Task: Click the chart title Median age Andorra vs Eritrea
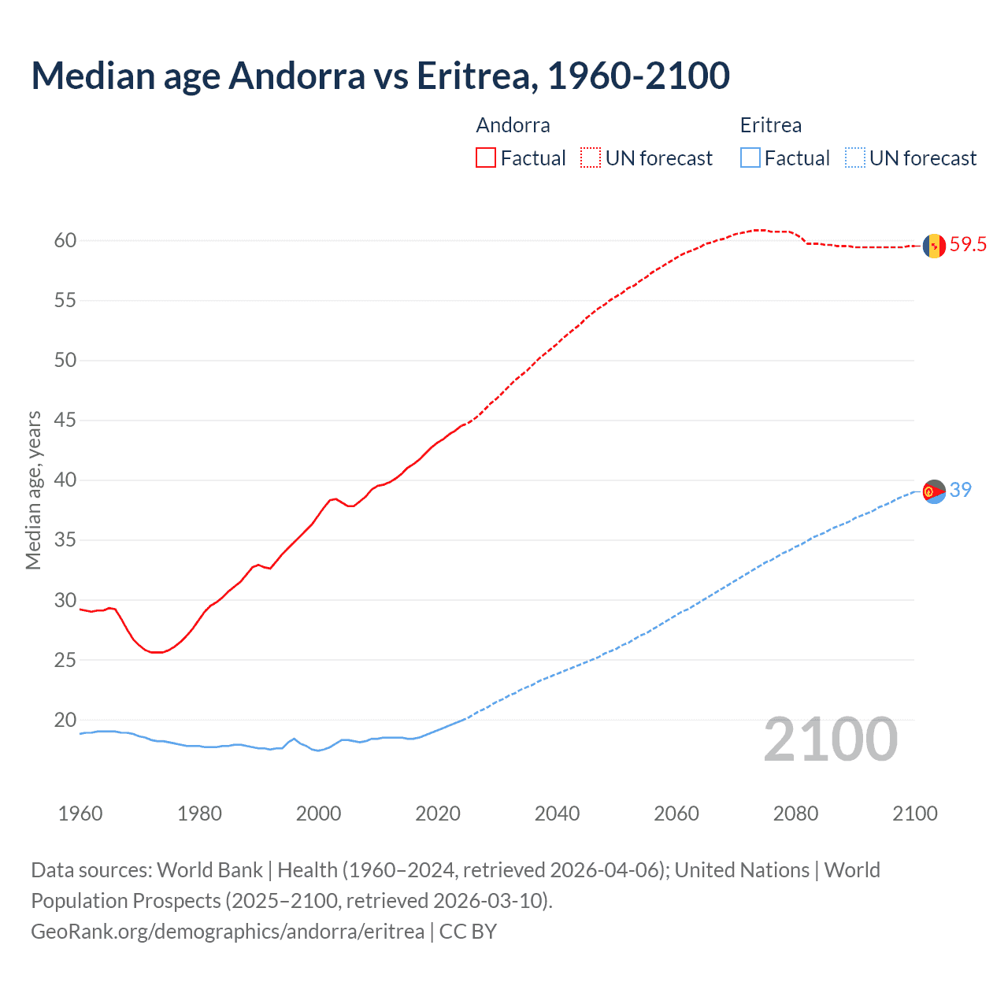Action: pos(380,76)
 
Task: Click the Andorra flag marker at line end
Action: pos(934,246)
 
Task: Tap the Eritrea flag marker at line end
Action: pos(934,491)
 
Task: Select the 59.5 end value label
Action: pos(968,245)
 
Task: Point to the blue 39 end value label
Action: pos(961,490)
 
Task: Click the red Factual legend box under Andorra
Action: pos(486,158)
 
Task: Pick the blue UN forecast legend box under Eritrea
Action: pos(855,158)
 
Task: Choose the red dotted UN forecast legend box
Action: pos(591,158)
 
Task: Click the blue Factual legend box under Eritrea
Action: pos(750,158)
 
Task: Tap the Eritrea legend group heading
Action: pos(770,125)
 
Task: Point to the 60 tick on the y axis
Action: pos(65,240)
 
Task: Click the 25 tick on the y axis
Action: pos(65,660)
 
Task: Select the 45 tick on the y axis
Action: pos(65,421)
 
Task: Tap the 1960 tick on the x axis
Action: pos(80,813)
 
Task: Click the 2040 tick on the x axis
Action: pos(557,813)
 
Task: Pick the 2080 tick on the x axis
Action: pos(795,813)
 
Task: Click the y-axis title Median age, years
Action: pos(33,490)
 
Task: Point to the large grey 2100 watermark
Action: pos(830,739)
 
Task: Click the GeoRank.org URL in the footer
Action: pos(228,932)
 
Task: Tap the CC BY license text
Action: pos(468,932)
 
